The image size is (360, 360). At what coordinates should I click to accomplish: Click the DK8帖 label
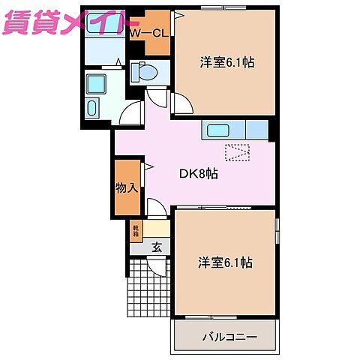pos(198,173)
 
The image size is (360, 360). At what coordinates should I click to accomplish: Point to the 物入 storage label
pos(126,187)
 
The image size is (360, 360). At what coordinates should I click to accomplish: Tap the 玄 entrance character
pos(157,246)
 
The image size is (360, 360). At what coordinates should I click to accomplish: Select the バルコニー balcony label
pos(229,317)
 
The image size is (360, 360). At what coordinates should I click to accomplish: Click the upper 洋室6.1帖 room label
pos(226,63)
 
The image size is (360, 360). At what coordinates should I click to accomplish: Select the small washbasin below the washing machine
pos(93,108)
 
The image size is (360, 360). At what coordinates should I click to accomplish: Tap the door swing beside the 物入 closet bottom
pos(157,208)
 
